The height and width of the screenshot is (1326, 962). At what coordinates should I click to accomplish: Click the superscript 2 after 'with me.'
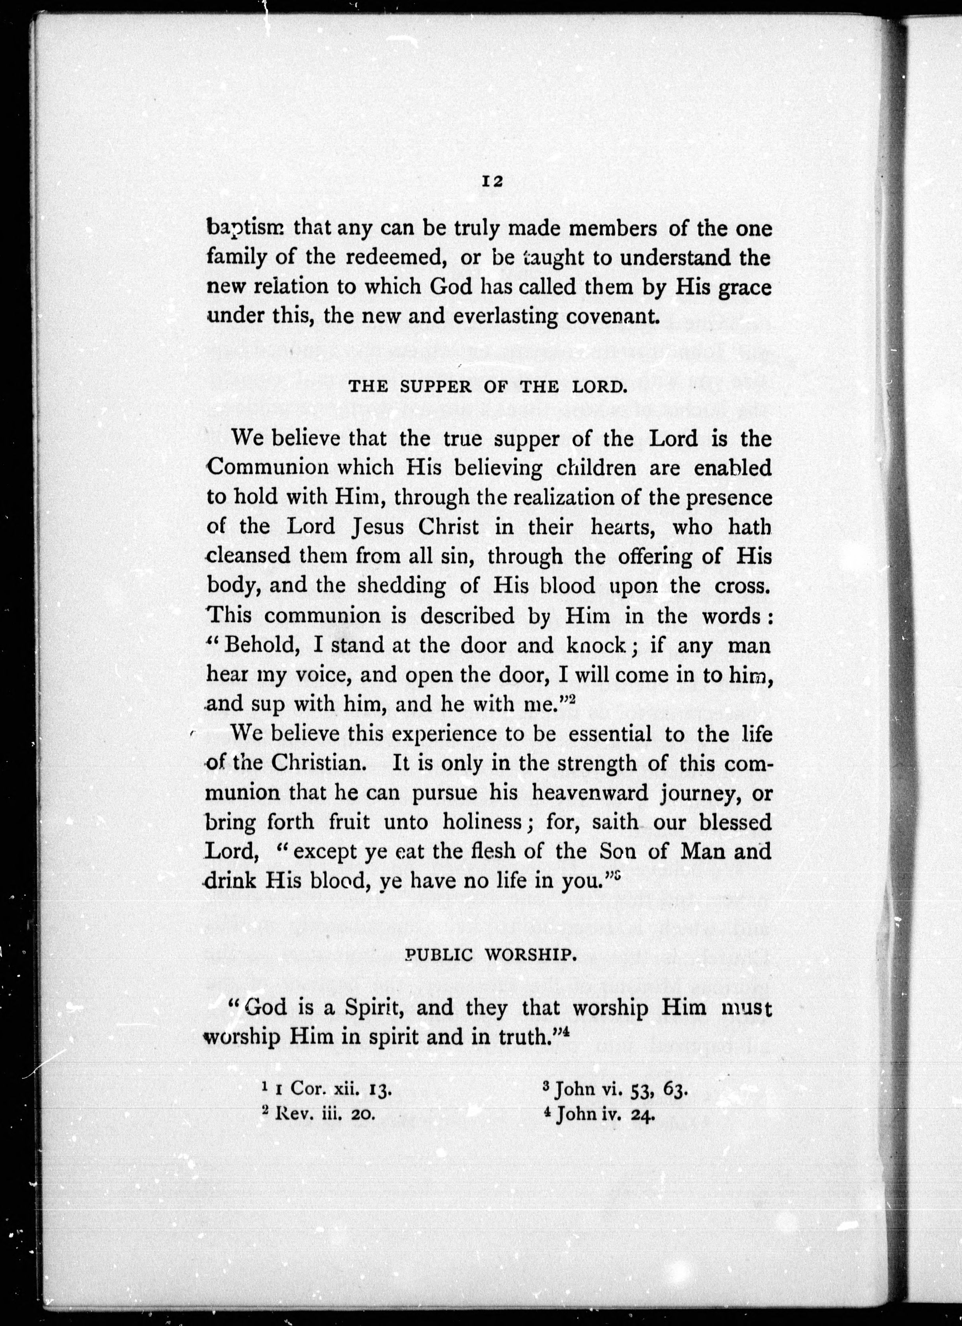click(573, 699)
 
